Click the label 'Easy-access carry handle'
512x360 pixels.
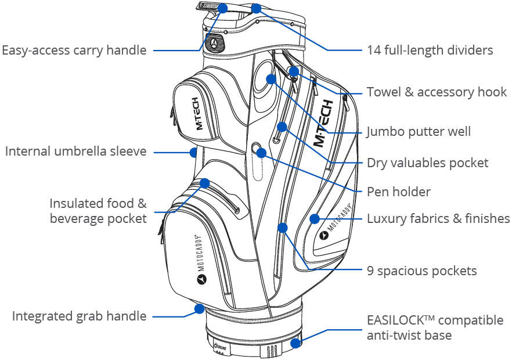(x=74, y=50)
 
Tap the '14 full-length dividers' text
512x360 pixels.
(x=430, y=50)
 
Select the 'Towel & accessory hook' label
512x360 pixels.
(x=437, y=92)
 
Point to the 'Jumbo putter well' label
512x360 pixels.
(x=418, y=132)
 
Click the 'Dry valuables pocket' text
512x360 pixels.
(x=427, y=163)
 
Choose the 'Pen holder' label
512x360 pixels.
(x=398, y=191)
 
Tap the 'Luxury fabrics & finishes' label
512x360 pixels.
(x=438, y=219)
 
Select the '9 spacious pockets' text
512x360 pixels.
(x=421, y=271)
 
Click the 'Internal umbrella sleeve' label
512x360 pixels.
(x=75, y=152)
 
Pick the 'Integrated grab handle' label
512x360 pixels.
(x=79, y=316)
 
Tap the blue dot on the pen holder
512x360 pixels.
(x=261, y=153)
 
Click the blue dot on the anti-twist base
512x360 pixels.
(x=297, y=343)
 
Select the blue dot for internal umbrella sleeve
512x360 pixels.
(x=194, y=152)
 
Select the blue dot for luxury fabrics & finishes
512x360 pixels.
(x=314, y=219)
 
